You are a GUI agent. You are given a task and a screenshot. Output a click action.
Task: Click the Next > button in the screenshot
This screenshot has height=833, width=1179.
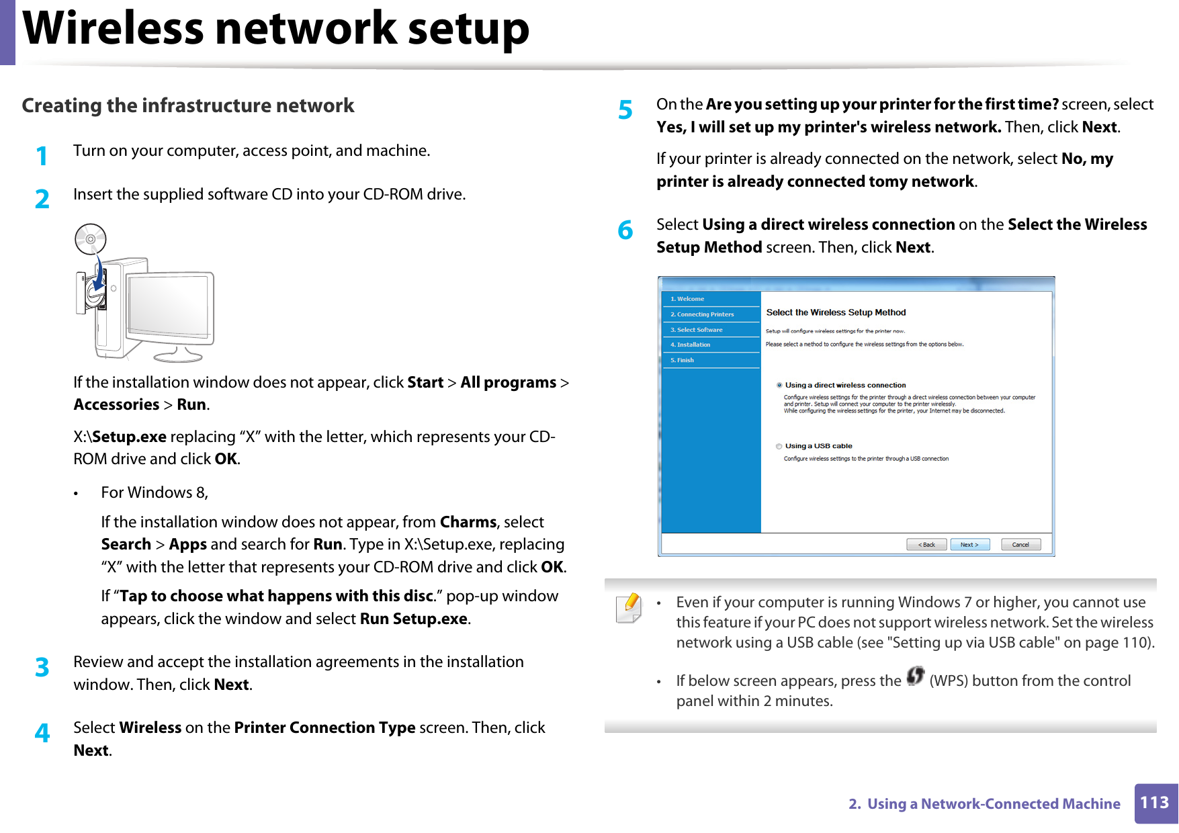click(969, 545)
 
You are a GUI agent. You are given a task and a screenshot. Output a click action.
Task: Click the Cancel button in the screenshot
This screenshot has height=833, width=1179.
click(1020, 545)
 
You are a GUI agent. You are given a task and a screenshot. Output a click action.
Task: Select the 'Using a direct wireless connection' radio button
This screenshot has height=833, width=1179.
click(779, 386)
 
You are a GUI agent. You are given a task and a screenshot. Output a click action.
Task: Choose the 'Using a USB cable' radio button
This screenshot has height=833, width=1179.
click(779, 446)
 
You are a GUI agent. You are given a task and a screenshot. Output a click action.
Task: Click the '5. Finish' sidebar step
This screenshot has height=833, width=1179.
click(683, 360)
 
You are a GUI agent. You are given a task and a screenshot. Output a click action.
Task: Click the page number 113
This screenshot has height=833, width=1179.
click(1155, 803)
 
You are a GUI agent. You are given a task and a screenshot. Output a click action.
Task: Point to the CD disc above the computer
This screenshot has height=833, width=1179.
click(91, 239)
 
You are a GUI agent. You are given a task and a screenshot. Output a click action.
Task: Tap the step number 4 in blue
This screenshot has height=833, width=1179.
click(42, 733)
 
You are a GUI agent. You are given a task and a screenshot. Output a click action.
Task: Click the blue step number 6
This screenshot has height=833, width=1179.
click(625, 230)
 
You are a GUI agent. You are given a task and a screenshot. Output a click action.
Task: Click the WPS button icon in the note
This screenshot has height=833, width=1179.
click(915, 676)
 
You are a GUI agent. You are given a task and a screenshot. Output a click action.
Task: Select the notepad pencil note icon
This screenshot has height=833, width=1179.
click(629, 608)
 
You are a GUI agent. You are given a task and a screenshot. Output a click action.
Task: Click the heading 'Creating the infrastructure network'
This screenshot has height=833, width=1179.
click(187, 105)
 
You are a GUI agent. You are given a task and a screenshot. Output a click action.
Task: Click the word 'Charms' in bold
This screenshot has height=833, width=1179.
click(468, 522)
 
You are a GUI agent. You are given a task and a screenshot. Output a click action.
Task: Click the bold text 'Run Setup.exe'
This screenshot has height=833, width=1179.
click(413, 619)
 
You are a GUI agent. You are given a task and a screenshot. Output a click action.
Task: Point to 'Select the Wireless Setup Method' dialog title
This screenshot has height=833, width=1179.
click(836, 312)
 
